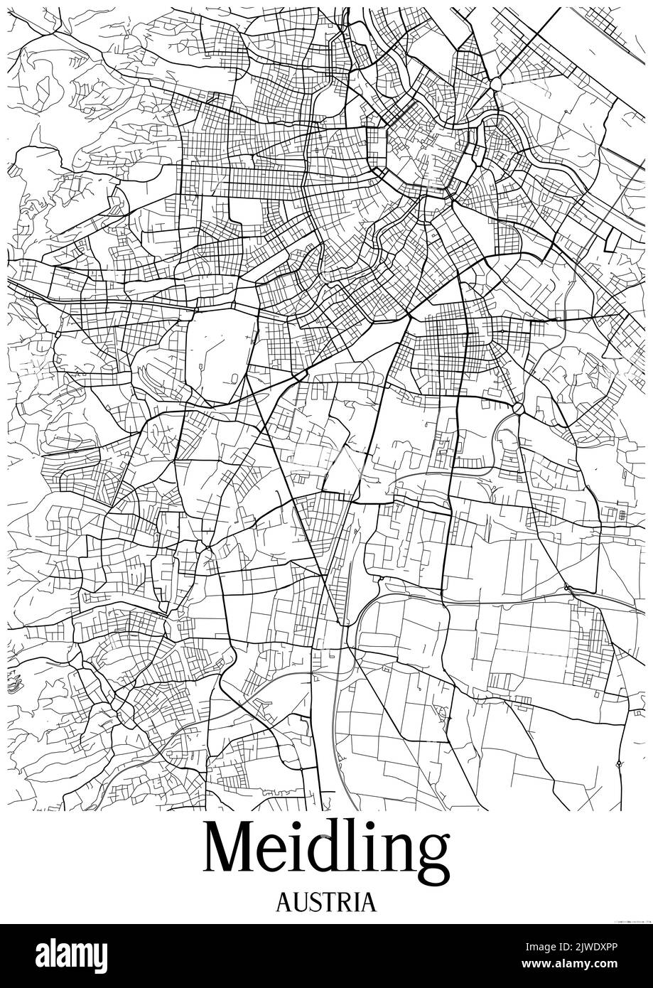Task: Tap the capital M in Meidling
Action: [x=229, y=851]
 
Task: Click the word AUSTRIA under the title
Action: [x=326, y=902]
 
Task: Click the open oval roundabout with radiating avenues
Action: [x=496, y=85]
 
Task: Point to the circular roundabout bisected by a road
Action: [x=519, y=408]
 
